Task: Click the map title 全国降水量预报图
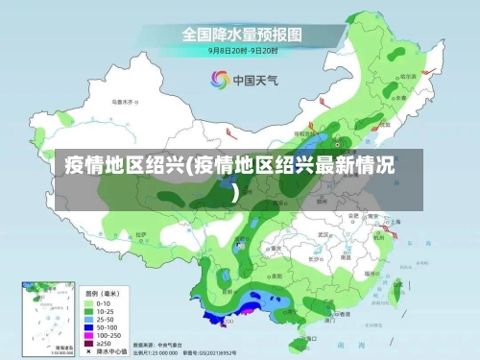click(x=241, y=34)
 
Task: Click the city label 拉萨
click(x=141, y=233)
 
